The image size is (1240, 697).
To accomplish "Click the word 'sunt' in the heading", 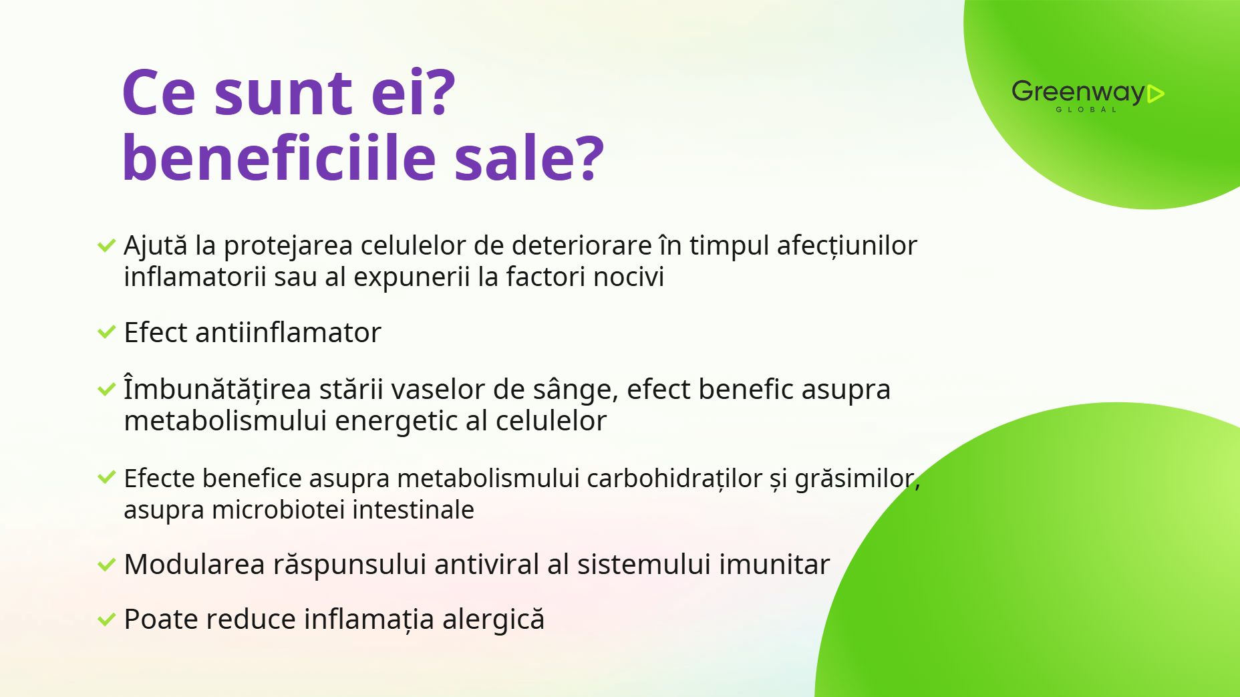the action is tap(283, 94).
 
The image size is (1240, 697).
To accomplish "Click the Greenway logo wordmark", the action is tap(1078, 92).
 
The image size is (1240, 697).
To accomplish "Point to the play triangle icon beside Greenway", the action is tap(1156, 94).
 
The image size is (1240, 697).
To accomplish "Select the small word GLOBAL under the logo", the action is tap(1086, 110).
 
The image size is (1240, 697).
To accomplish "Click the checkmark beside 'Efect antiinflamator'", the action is tap(107, 331).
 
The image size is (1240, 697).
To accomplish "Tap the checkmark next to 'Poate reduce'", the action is tap(107, 619).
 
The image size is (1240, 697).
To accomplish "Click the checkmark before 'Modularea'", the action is tap(107, 565).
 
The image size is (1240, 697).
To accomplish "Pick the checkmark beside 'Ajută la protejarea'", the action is tap(107, 245).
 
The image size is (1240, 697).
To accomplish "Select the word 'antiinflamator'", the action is tap(288, 332).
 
